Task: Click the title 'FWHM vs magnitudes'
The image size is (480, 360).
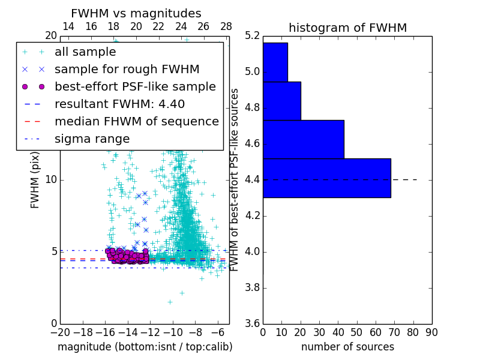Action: [x=136, y=13]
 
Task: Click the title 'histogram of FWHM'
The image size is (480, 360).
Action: [x=347, y=28]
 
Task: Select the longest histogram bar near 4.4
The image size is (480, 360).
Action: [x=326, y=178]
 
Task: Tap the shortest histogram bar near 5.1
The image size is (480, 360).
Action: [x=275, y=62]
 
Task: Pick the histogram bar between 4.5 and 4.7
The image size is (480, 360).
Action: [x=303, y=139]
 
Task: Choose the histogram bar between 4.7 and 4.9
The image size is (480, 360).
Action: [x=281, y=101]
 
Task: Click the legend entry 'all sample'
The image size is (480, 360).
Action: [x=85, y=52]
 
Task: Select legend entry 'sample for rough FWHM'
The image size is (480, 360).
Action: [x=127, y=69]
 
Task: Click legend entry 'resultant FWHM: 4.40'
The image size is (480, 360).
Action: [x=119, y=104]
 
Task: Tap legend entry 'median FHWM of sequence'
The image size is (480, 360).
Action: [x=136, y=121]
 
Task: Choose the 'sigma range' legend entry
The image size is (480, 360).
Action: [x=92, y=139]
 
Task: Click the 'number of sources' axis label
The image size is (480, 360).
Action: [x=347, y=347]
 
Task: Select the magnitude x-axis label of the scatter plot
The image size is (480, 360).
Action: [x=145, y=347]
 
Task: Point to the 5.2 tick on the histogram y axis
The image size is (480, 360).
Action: [x=253, y=36]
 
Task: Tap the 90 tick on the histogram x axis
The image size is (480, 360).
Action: [x=431, y=332]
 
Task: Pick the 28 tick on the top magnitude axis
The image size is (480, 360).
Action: [x=226, y=26]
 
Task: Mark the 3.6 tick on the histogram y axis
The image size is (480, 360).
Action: [x=253, y=323]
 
